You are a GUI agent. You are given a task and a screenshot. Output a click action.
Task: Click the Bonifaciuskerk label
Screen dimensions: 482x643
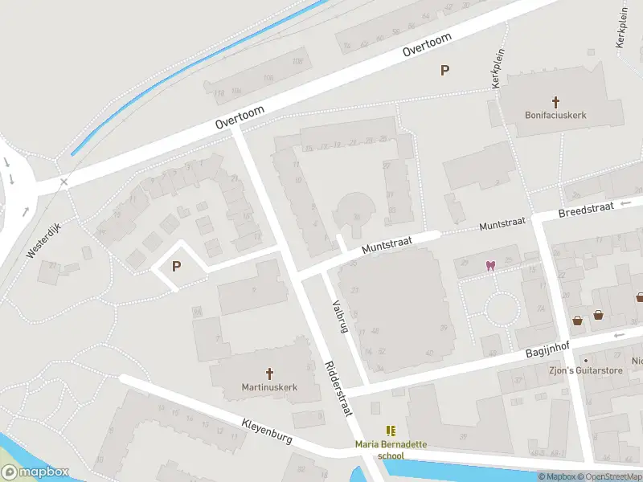pyautogui.click(x=555, y=115)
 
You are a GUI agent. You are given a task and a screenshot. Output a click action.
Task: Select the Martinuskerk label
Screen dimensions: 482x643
pyautogui.click(x=270, y=386)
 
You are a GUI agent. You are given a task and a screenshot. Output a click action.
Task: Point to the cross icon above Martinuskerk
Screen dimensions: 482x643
pyautogui.click(x=270, y=373)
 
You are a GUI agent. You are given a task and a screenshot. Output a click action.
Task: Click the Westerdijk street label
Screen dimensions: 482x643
pyautogui.click(x=43, y=240)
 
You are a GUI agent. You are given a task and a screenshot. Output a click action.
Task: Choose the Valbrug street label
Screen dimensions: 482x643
pyautogui.click(x=339, y=317)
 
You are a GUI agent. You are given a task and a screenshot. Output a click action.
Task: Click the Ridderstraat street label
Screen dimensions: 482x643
pyautogui.click(x=338, y=388)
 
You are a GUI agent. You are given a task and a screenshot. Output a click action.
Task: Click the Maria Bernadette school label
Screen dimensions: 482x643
pyautogui.click(x=391, y=450)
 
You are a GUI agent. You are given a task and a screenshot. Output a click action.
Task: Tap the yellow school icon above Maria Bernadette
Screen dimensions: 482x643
pyautogui.click(x=391, y=431)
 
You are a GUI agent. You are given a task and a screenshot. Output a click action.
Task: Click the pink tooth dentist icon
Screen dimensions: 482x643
pyautogui.click(x=489, y=266)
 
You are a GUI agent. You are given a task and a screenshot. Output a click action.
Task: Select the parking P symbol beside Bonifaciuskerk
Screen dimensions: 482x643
pyautogui.click(x=444, y=70)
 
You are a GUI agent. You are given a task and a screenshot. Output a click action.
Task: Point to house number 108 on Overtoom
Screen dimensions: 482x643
pyautogui.click(x=298, y=61)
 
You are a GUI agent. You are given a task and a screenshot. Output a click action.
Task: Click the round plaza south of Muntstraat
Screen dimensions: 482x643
pyautogui.click(x=502, y=308)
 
